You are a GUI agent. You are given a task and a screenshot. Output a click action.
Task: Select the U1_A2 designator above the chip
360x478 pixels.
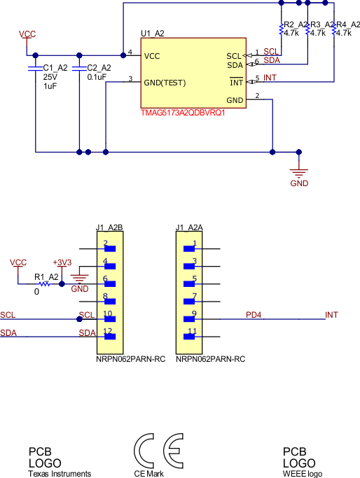coord(153,33)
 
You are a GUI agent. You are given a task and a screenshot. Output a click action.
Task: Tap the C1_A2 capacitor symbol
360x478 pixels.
coord(35,69)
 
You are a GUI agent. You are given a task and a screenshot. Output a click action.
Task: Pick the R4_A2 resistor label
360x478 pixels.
coord(347,24)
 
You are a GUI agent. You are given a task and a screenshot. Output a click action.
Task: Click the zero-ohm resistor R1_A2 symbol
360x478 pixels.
coord(45,284)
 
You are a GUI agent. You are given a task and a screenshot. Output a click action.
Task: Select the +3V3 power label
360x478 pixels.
coord(62,262)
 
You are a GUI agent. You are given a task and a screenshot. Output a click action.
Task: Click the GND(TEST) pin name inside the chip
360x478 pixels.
coord(165,83)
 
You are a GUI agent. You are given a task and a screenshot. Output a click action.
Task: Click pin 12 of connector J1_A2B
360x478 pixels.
coord(109,335)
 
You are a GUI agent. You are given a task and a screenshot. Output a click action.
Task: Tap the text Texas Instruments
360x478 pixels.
coord(60,474)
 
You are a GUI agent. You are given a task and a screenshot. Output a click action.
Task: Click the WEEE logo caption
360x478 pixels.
coord(303,474)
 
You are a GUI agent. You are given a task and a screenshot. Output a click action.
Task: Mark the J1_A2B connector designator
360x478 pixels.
coord(109,227)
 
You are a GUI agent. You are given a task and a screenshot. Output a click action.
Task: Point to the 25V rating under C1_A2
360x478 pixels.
coord(50,77)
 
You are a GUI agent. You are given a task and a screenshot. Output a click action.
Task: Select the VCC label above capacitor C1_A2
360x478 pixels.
coord(27,34)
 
